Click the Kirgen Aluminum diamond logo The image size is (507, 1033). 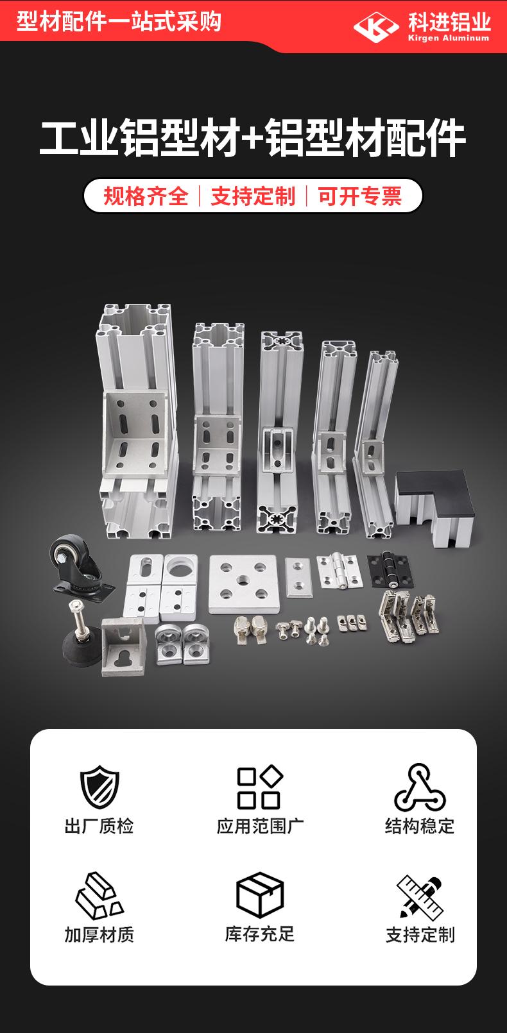[376, 27]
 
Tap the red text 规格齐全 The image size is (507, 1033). [146, 196]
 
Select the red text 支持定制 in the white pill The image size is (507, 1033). [253, 196]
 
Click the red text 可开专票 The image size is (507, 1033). [359, 196]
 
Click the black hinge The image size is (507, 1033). [390, 571]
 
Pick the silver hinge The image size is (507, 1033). [339, 571]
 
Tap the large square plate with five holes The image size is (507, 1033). [244, 584]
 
